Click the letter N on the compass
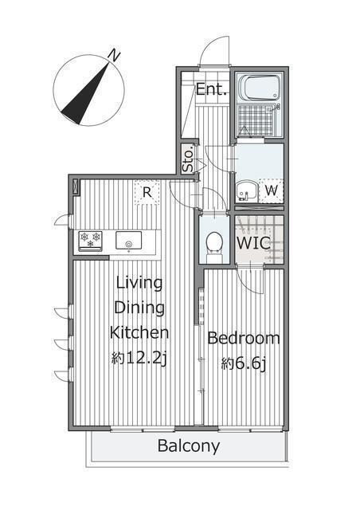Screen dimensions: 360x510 click(x=114, y=55)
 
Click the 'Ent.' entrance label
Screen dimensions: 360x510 click(x=211, y=89)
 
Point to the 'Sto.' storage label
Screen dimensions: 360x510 click(x=188, y=159)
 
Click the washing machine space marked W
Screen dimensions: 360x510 click(x=272, y=190)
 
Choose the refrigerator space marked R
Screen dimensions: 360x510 click(x=147, y=193)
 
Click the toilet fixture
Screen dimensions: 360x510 click(x=214, y=246)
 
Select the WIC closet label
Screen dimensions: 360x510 click(x=253, y=242)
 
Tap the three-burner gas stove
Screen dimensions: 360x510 click(x=91, y=241)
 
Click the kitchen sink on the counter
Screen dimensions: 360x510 click(x=129, y=241)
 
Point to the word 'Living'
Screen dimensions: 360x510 click(x=139, y=283)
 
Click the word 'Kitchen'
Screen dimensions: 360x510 click(x=139, y=332)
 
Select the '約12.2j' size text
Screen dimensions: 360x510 click(x=139, y=359)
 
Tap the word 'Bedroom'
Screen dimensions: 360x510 click(x=244, y=338)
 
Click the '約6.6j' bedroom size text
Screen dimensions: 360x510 click(x=244, y=363)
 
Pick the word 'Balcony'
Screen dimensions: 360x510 click(x=189, y=446)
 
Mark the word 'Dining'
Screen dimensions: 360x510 click(x=139, y=308)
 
